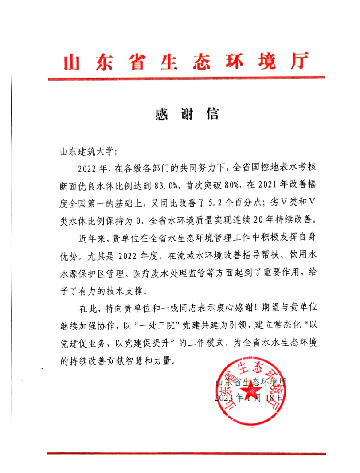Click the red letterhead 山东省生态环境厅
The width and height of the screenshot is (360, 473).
[x=185, y=62]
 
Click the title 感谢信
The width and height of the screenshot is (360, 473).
[x=187, y=115]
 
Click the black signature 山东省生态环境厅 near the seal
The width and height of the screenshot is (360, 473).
[x=251, y=382]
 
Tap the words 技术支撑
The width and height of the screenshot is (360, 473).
[x=129, y=292]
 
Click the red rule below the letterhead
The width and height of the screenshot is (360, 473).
[x=186, y=79]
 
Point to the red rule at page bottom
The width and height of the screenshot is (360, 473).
[x=186, y=453]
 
